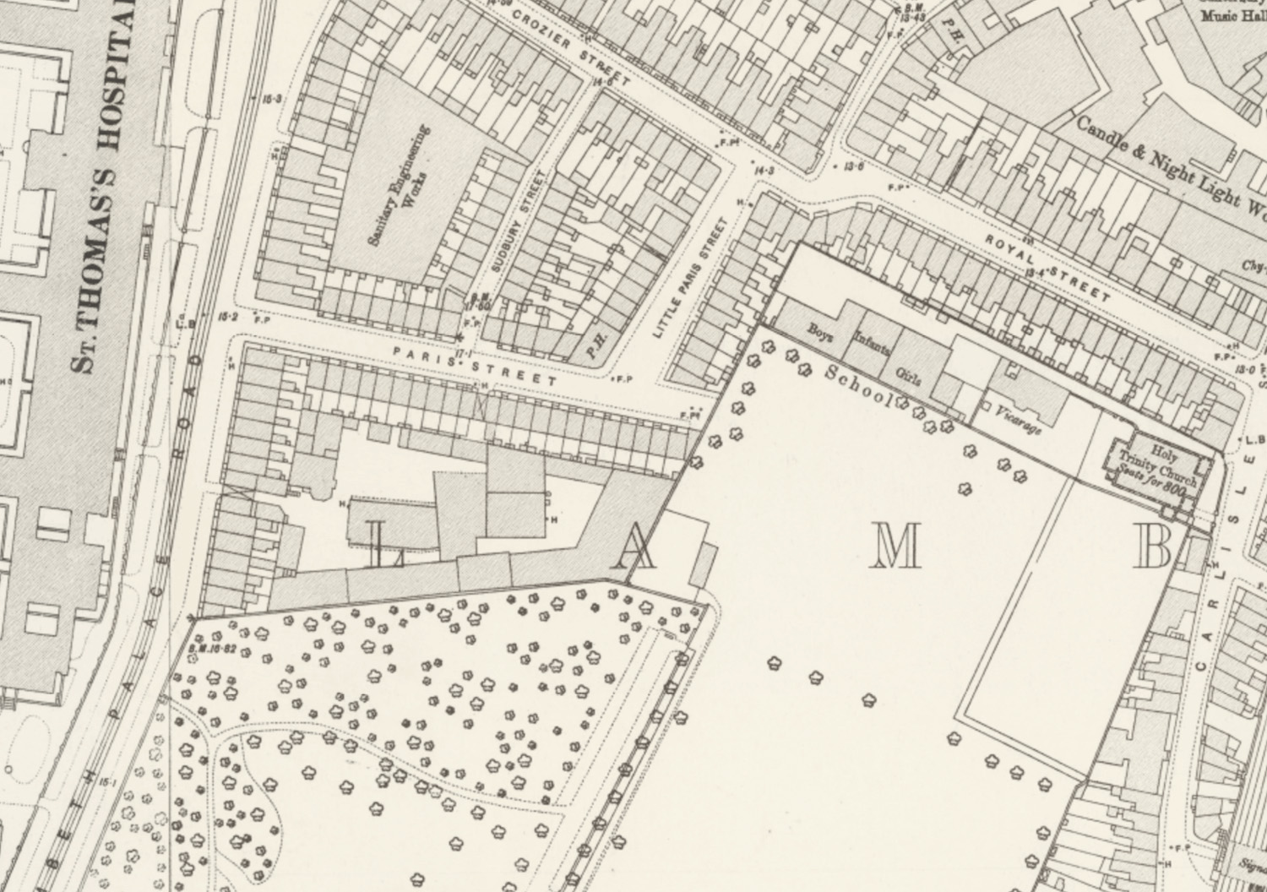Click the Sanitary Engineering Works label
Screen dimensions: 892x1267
[x=399, y=185]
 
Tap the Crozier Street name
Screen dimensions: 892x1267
[x=570, y=49]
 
